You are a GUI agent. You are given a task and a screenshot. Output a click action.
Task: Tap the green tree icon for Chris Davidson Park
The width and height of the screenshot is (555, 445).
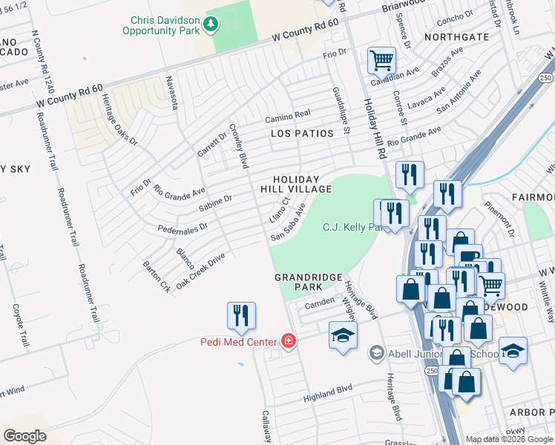click(211, 24)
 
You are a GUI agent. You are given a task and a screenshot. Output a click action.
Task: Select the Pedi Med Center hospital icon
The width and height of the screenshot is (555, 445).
click(288, 341)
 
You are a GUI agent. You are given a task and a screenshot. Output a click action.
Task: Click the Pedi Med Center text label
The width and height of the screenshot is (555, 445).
click(238, 342)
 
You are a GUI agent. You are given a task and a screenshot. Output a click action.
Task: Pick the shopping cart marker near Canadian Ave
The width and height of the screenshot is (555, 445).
click(381, 60)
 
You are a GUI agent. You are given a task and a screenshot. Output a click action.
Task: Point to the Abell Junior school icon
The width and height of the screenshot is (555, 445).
click(377, 353)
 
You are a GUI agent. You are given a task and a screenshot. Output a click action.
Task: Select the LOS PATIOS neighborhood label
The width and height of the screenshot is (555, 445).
click(299, 133)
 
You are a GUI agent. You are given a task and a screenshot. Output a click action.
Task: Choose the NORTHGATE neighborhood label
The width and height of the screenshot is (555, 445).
click(456, 36)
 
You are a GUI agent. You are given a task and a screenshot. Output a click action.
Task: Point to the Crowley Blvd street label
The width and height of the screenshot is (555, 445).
click(237, 145)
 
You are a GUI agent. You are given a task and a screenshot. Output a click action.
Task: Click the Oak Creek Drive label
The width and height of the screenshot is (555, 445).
click(200, 272)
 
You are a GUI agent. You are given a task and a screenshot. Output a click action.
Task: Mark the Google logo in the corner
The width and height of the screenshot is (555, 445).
click(24, 435)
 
